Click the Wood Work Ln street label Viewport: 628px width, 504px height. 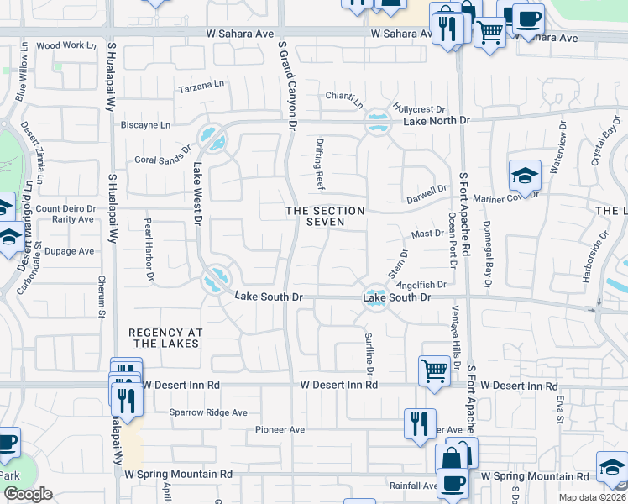click(x=60, y=45)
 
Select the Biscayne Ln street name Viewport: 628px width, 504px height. click(x=146, y=125)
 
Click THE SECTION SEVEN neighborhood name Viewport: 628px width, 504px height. click(x=325, y=216)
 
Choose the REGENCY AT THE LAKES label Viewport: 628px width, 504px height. click(x=165, y=338)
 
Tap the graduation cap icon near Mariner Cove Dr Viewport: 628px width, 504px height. click(x=524, y=176)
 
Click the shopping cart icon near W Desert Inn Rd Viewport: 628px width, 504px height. click(x=434, y=370)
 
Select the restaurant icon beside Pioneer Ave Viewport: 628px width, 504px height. click(x=420, y=423)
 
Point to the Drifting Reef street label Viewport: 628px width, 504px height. click(x=320, y=164)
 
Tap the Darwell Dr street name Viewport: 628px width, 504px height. click(x=427, y=193)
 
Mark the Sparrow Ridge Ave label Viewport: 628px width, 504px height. click(x=208, y=412)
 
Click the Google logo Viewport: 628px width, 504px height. click(x=28, y=494)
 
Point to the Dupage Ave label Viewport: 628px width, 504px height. click(x=69, y=251)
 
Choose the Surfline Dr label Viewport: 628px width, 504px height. click(x=368, y=352)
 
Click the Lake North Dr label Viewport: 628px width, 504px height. click(x=437, y=121)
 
